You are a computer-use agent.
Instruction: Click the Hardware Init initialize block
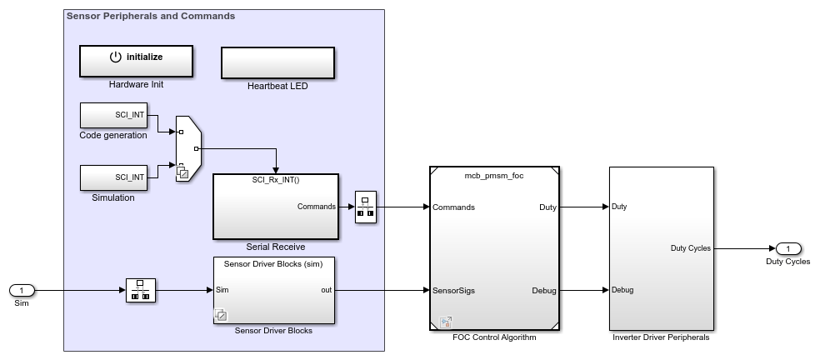tap(136, 60)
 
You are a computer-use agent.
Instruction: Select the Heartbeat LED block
tap(277, 62)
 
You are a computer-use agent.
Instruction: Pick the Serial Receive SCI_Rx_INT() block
tap(276, 206)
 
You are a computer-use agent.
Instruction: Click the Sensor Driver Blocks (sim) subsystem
tap(274, 290)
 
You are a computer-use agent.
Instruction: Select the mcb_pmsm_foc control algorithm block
tap(494, 247)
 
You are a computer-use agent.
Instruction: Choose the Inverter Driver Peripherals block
tap(661, 247)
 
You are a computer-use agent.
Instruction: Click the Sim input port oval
tap(22, 290)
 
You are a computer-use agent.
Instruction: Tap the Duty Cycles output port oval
tap(787, 248)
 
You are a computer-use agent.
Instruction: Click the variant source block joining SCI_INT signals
tap(187, 147)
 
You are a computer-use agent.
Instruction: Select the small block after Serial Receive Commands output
tap(366, 207)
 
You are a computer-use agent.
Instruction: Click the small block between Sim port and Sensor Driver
tap(141, 290)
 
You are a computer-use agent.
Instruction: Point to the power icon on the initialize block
tap(116, 57)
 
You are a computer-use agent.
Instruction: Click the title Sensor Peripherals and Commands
tap(150, 16)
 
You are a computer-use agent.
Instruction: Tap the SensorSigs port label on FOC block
tap(454, 290)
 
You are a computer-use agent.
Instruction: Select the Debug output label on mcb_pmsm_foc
tap(544, 290)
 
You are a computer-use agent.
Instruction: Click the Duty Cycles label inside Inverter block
tap(690, 247)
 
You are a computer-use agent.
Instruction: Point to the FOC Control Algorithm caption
tap(494, 337)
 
